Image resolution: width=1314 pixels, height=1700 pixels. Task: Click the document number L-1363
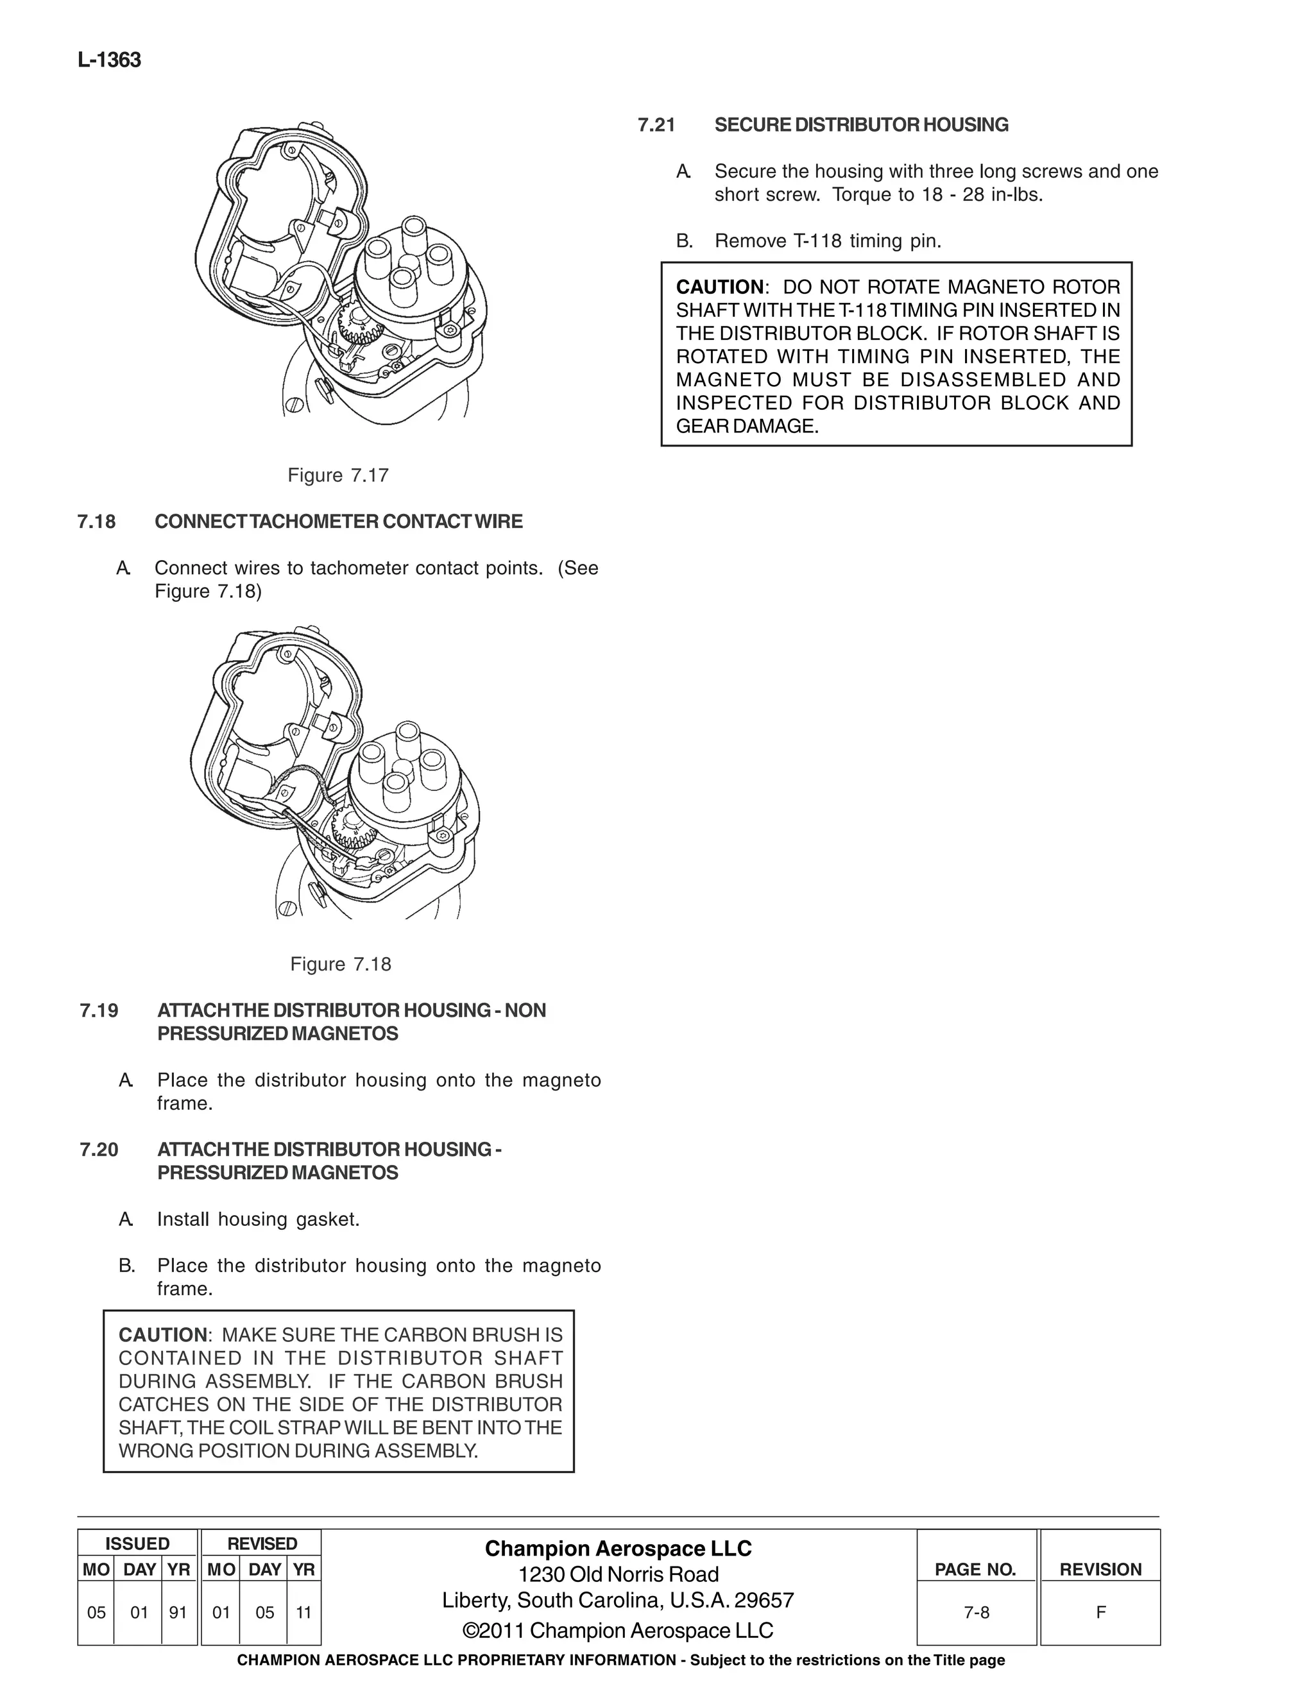tap(109, 61)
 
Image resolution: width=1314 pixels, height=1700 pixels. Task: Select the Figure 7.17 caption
tap(338, 475)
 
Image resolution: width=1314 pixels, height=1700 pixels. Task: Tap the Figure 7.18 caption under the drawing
tap(340, 964)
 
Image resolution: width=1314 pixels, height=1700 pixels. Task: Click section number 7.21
tap(656, 125)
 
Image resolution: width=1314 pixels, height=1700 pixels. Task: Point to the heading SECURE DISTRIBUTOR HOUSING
tap(861, 125)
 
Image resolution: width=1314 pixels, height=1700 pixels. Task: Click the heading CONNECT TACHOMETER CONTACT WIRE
tap(339, 522)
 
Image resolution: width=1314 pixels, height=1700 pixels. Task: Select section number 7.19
tap(99, 1010)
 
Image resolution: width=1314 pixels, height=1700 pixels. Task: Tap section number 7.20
tap(99, 1150)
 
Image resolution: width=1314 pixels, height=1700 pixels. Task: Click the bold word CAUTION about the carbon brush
tap(163, 1335)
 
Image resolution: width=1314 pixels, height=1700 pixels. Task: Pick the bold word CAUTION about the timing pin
tap(720, 287)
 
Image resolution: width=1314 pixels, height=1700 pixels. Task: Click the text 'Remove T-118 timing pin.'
tap(828, 241)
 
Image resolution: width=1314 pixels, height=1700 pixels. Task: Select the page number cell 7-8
tap(976, 1612)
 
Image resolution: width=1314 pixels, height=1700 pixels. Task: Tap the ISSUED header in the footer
tap(137, 1543)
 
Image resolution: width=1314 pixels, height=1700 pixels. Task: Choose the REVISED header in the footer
tap(262, 1543)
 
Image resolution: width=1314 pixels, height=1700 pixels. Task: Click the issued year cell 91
tap(178, 1612)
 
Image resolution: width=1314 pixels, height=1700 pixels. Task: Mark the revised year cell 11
tap(303, 1612)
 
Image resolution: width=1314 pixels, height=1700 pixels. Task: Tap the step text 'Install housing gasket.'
tap(259, 1219)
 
